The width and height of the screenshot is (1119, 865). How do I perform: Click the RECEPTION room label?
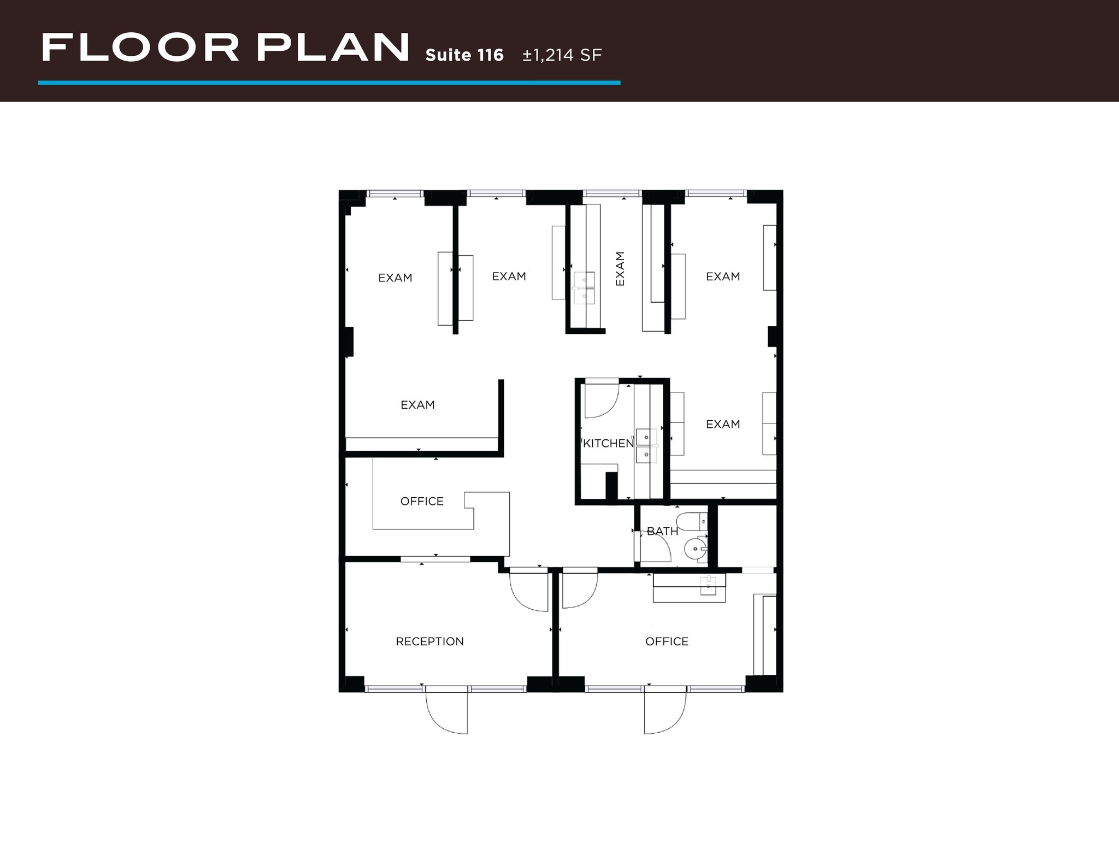coord(429,642)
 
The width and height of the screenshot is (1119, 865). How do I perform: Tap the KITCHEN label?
coord(608,444)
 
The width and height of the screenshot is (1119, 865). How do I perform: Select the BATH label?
coord(662,531)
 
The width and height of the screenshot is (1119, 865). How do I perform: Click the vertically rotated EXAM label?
coord(620,268)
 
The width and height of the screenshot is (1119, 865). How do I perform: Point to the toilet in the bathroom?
coord(691,521)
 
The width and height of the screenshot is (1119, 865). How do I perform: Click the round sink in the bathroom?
coord(695,547)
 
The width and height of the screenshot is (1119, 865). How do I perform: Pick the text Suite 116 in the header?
coord(464,55)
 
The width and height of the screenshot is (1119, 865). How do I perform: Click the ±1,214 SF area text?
coord(562,55)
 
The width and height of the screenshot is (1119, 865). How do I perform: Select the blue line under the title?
coord(329,83)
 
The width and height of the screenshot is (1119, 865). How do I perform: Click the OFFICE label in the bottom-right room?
coord(667,642)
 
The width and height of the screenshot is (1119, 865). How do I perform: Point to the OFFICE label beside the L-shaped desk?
coord(422,501)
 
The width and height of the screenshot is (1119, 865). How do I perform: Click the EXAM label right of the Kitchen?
coord(723,424)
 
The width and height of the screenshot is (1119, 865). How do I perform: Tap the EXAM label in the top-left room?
coord(395,278)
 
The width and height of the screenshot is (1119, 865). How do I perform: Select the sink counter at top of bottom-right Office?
coord(690,588)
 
